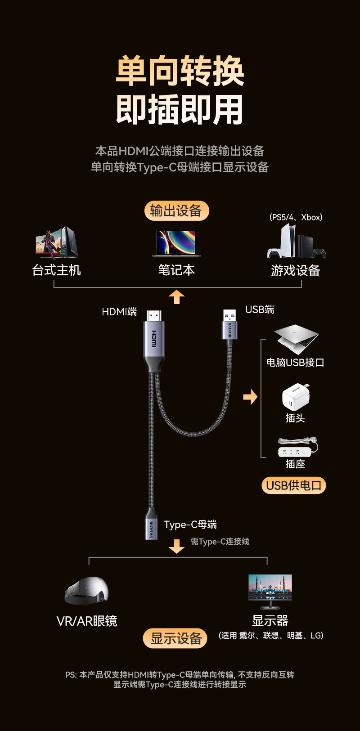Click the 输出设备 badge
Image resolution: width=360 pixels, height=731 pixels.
click(176, 211)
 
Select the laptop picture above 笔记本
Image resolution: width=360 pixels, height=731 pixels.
click(176, 243)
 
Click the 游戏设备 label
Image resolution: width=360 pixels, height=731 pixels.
click(295, 270)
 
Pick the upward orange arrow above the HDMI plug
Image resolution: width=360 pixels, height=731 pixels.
click(176, 297)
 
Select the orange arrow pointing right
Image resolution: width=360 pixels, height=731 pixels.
click(250, 397)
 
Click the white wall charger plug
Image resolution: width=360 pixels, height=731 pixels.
click(296, 397)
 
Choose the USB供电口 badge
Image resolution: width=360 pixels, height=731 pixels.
click(293, 485)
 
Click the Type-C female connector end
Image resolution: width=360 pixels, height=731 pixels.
click(151, 524)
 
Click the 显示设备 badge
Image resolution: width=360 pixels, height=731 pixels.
click(175, 638)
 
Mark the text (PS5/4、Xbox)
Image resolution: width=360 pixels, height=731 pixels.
click(296, 217)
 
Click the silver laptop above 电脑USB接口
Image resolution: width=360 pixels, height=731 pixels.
click(296, 338)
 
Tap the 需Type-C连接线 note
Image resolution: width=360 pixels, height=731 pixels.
click(220, 542)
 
